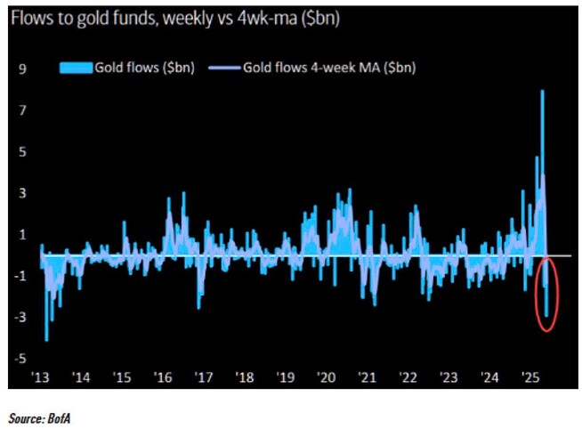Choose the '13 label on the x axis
[41, 376]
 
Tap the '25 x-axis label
[531, 376]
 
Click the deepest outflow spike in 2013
[46, 338]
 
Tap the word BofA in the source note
[69, 416]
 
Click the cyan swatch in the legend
[75, 67]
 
